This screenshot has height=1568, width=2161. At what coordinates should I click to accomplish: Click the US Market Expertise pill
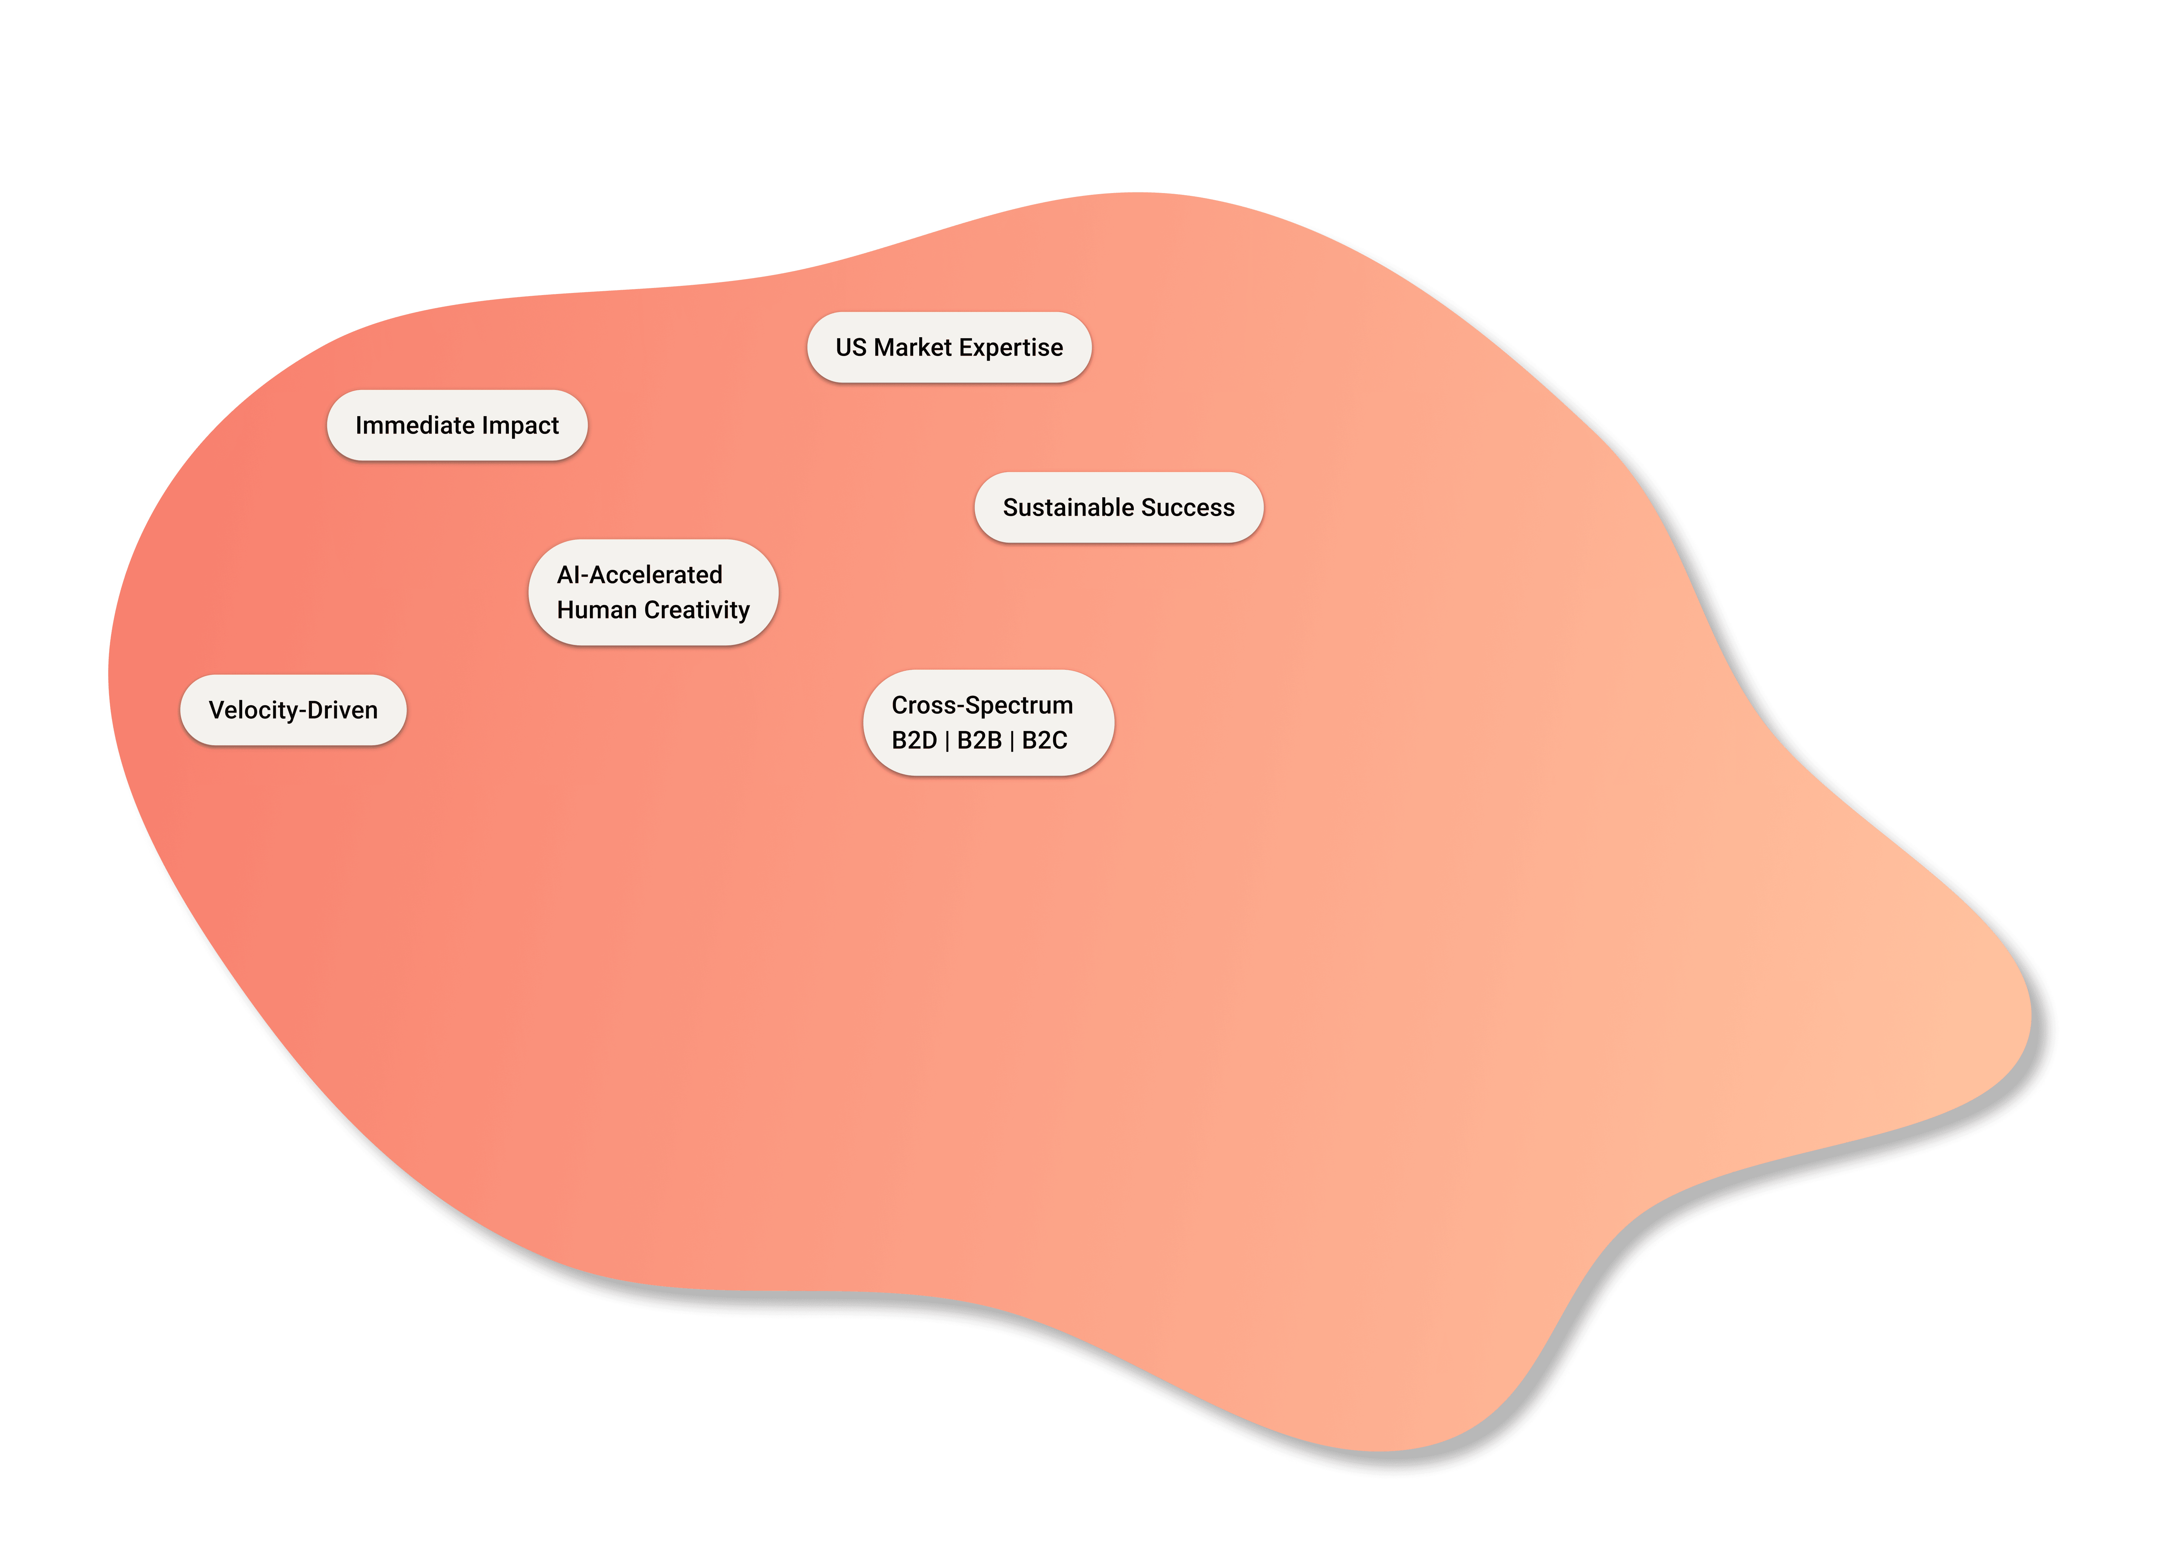[949, 348]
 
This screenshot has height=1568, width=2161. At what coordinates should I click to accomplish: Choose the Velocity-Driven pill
[294, 710]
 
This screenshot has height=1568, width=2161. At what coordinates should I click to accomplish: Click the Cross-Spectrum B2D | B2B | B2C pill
[988, 723]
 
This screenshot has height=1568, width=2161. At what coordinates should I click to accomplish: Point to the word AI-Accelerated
[639, 575]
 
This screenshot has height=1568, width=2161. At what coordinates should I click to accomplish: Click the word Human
[597, 610]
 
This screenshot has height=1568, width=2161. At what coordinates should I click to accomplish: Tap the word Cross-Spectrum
[982, 705]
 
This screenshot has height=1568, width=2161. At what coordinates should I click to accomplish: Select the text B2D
[914, 741]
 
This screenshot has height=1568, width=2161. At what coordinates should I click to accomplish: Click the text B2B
[979, 741]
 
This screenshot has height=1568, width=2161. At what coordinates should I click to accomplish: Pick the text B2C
[1044, 741]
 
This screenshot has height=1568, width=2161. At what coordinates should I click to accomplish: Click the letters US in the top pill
[851, 348]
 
